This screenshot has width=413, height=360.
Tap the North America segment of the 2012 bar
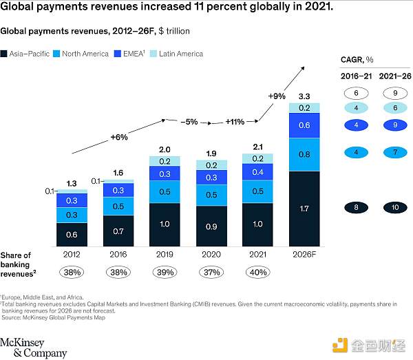point(71,215)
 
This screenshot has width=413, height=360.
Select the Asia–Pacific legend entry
point(30,54)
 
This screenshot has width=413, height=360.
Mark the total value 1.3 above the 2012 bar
point(71,183)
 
